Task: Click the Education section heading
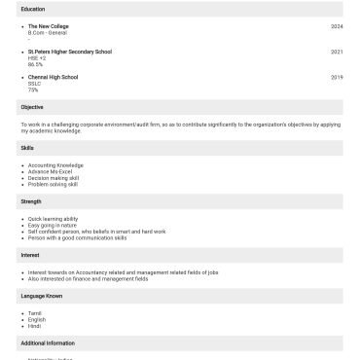tap(32, 9)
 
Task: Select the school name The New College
tap(49, 26)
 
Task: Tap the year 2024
tap(337, 26)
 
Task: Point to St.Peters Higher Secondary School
tap(70, 52)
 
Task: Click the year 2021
tap(337, 52)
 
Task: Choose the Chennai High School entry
tap(53, 77)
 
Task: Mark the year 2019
tap(337, 77)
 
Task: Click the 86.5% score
tap(35, 64)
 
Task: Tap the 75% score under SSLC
tap(33, 90)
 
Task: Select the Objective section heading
tap(32, 107)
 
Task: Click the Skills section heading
tap(27, 148)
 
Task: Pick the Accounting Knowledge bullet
tap(55, 165)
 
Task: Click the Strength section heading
tap(31, 201)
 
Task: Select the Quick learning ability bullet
tap(54, 219)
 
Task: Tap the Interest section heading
tap(30, 255)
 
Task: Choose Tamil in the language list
tap(35, 312)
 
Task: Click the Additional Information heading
tap(48, 343)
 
